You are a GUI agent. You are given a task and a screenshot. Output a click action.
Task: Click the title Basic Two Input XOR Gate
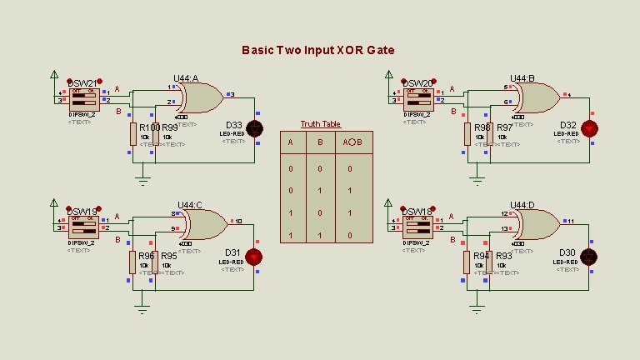[x=317, y=50]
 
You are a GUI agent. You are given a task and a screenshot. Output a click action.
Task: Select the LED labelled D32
[x=590, y=129]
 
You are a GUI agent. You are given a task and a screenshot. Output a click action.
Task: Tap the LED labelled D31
[x=254, y=257]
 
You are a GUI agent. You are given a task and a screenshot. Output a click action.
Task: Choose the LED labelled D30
[x=590, y=257]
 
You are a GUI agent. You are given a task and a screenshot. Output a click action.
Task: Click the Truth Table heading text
[x=321, y=123]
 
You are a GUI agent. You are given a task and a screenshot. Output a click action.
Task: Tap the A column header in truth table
[x=290, y=142]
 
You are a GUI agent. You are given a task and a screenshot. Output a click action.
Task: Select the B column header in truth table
[x=321, y=142]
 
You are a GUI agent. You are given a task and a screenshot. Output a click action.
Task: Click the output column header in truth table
[x=352, y=142]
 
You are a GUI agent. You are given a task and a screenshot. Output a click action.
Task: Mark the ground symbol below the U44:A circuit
[x=142, y=178]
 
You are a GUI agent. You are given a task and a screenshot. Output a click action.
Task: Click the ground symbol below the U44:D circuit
[x=477, y=307]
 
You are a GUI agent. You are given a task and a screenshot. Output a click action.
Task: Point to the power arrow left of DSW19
[x=53, y=203]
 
